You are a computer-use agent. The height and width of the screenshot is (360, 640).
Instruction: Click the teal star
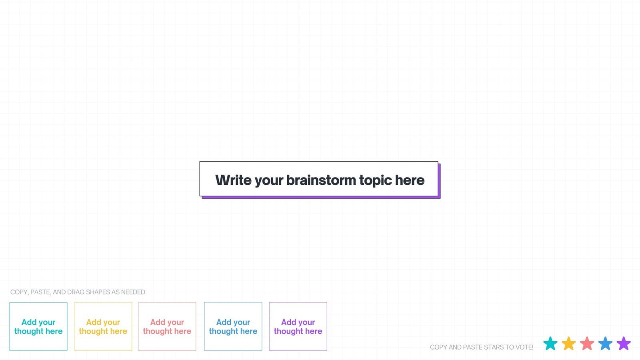550,343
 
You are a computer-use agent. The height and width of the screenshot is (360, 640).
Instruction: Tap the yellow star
568,343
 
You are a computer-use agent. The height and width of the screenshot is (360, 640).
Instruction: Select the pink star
587,343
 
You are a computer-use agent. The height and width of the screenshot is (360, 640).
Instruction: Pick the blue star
605,343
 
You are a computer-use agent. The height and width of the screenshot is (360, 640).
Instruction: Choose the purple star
624,343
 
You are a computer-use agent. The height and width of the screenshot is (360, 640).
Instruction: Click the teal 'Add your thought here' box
38,326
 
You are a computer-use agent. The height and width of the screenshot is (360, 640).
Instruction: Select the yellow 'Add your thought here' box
103,326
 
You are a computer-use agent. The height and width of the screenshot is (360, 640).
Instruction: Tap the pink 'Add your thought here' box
167,326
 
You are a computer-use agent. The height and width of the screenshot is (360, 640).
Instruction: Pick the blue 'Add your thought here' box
233,326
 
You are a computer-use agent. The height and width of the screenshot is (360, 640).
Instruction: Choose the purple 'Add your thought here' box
298,326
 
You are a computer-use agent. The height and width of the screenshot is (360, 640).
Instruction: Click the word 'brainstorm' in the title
321,180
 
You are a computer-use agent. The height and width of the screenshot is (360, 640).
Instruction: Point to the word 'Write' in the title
233,180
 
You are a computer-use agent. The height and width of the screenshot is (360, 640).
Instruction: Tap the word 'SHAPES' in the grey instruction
98,292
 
